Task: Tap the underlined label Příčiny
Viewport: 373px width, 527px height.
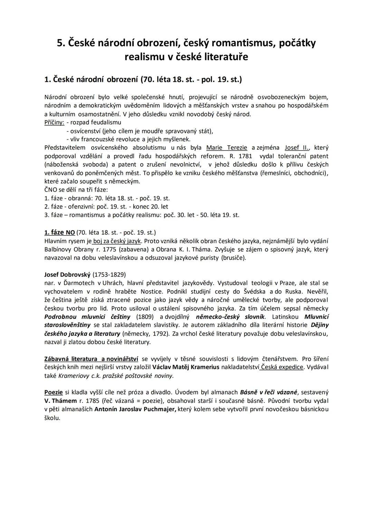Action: tap(54, 123)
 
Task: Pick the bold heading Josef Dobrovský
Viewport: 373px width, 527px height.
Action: tap(67, 275)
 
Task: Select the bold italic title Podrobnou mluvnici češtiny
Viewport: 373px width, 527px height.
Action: tap(87, 316)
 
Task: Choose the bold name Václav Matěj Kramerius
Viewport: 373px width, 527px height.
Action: tap(186, 367)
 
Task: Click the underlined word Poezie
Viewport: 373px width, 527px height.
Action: tap(54, 392)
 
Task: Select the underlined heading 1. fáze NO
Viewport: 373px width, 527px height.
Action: tap(59, 233)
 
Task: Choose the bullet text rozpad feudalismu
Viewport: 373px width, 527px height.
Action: tap(96, 123)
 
